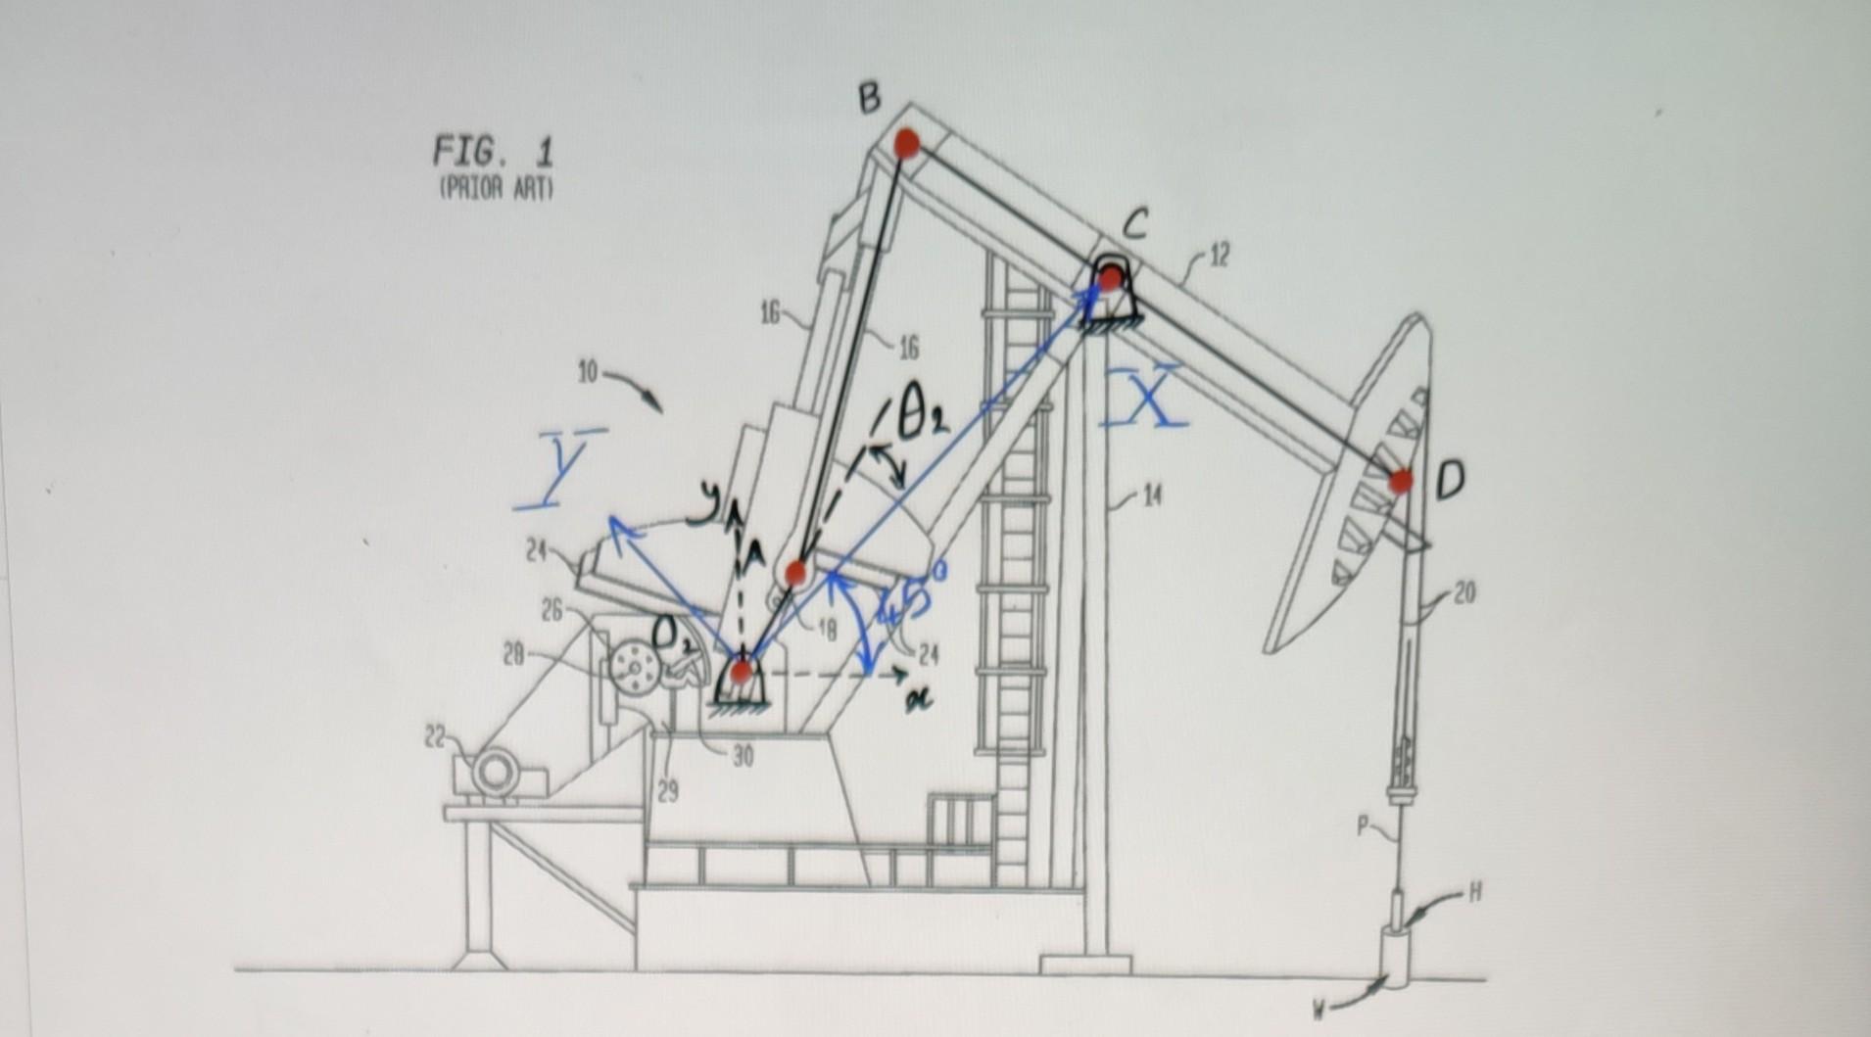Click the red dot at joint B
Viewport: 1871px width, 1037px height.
906,144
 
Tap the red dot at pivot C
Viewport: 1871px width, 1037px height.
1109,280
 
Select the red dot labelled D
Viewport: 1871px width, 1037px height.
1402,481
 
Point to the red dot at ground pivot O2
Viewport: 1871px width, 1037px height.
741,672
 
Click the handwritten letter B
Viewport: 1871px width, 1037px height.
869,98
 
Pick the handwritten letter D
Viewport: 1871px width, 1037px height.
1451,480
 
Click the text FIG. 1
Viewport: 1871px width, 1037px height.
494,153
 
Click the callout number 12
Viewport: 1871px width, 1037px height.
1219,258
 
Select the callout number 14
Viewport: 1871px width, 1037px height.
1153,497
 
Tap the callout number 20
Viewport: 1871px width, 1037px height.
1463,593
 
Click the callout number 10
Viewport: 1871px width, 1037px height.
588,374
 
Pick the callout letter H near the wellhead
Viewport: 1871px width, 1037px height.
1475,891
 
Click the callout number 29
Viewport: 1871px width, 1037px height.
667,793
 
